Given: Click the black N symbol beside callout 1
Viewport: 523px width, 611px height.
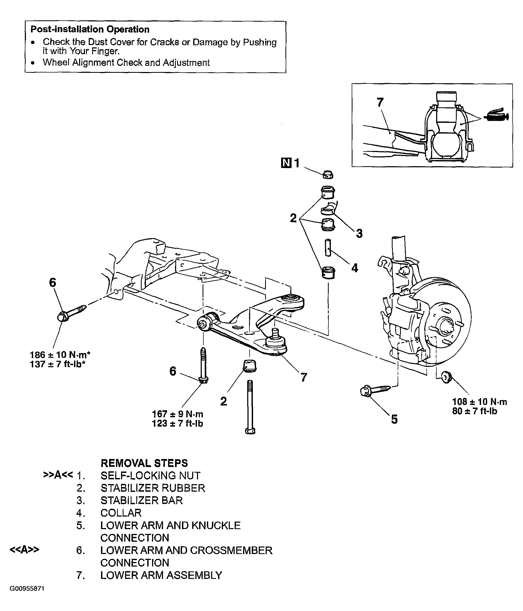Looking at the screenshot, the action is [x=286, y=163].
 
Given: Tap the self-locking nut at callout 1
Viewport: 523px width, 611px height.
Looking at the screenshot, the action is [x=328, y=174].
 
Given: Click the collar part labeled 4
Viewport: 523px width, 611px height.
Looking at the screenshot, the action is [x=328, y=248].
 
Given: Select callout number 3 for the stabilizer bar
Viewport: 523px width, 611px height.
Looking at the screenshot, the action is [x=359, y=233].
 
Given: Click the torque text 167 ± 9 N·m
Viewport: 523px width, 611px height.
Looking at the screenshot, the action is [x=177, y=414].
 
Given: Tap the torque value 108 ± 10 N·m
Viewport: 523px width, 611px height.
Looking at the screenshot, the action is [x=480, y=401].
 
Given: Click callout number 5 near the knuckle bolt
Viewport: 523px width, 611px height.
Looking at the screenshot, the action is [x=394, y=419].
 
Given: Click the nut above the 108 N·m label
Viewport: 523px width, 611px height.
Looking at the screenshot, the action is [x=447, y=377].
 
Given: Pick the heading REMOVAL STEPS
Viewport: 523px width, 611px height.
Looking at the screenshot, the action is [x=144, y=463].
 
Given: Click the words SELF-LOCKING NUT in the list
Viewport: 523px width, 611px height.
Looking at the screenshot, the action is [x=150, y=476].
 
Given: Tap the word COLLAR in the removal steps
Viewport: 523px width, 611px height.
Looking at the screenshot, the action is [x=121, y=513].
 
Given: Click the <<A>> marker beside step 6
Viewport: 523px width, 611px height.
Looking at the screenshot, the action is [x=24, y=550].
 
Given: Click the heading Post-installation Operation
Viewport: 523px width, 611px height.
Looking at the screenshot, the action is [x=90, y=29].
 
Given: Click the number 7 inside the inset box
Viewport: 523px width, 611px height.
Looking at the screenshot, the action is [x=380, y=102].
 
